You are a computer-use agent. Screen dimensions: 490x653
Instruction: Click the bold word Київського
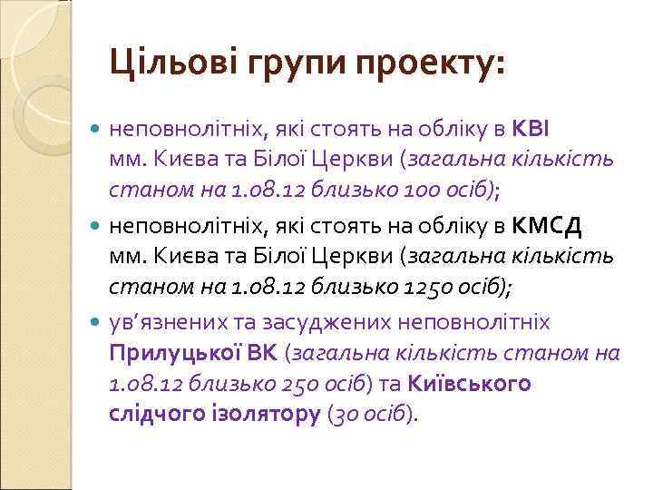point(470,383)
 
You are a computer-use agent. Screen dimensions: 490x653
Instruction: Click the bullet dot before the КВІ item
point(97,130)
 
